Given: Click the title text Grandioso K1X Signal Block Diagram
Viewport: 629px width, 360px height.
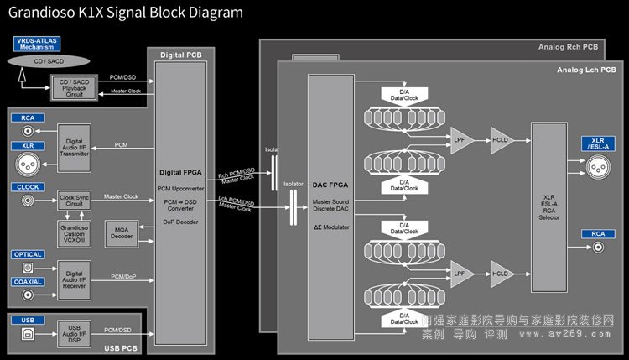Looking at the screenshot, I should point(125,13).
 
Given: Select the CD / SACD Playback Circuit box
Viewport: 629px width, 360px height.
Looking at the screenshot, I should point(74,86).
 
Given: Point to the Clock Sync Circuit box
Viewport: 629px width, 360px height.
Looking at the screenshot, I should point(74,201).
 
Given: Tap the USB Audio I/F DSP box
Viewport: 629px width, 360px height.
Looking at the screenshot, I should point(74,332).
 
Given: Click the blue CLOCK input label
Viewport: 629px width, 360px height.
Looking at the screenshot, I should point(27,186).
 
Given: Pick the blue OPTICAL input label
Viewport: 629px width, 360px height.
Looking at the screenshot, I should point(29,254).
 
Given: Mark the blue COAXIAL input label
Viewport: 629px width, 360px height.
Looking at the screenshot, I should point(29,282).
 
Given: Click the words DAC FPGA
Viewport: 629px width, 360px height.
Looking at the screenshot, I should point(330,184).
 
